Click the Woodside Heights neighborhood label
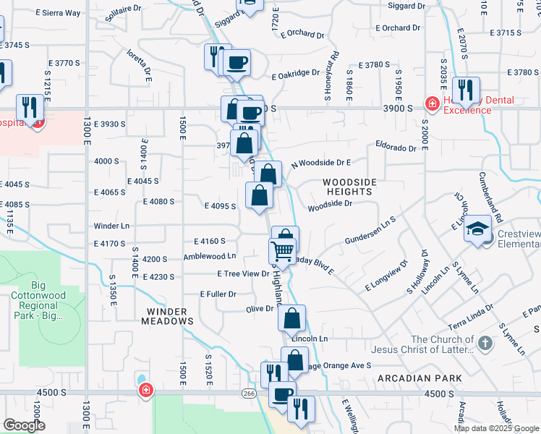click(347, 187)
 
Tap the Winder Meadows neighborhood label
click(168, 316)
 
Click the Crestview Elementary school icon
click(477, 231)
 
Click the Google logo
click(24, 425)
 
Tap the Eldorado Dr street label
click(396, 148)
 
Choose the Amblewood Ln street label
click(210, 256)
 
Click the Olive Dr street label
click(260, 309)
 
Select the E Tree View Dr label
click(243, 273)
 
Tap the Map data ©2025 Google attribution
click(496, 428)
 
